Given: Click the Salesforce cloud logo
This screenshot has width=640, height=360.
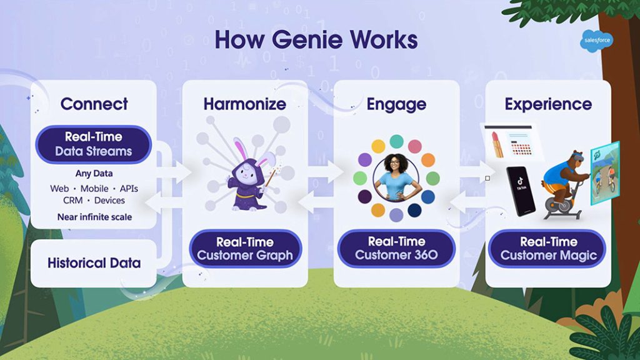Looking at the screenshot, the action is [596, 41].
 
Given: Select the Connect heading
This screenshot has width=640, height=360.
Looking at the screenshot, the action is [94, 104].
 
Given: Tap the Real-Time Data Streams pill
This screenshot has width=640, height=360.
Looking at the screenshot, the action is [94, 144].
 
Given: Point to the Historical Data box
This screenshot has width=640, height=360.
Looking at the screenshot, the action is [94, 263].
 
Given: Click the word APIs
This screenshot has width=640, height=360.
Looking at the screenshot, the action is [129, 189].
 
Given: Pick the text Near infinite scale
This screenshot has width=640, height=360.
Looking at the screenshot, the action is [95, 217].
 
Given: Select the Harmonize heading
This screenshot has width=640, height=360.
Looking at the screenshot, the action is [245, 104].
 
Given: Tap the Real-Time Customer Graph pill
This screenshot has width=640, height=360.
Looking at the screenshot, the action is [245, 249].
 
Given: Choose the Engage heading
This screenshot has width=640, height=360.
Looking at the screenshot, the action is [396, 104].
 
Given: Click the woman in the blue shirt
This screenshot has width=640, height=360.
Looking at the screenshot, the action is [396, 178].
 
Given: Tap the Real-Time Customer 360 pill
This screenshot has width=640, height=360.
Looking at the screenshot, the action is [396, 248].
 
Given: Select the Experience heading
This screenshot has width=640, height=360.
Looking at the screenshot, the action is [548, 104].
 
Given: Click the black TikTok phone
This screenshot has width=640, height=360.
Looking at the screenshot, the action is [521, 191].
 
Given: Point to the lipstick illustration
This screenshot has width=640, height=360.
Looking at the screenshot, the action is [497, 144].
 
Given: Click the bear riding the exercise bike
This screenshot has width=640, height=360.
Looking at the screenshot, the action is [565, 184].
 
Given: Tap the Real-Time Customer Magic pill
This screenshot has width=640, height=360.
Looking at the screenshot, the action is [548, 249].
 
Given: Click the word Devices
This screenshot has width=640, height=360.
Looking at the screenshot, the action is [109, 201].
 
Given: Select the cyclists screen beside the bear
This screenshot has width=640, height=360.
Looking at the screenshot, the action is [605, 172].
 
